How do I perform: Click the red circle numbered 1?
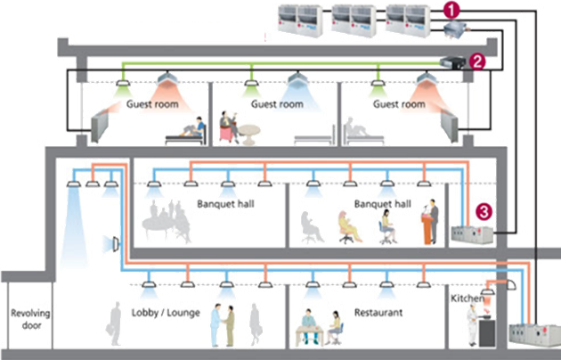tap(452, 11)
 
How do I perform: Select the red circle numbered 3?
tap(483, 211)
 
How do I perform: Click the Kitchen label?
tap(467, 299)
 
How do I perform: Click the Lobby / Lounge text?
tap(165, 313)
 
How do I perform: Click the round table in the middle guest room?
tap(249, 133)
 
